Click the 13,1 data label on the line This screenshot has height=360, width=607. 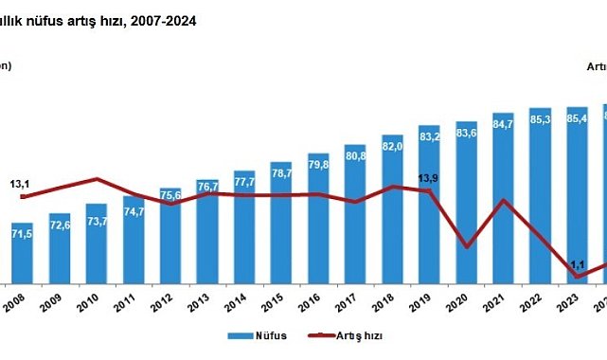21,184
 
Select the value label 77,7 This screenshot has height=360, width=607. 244,180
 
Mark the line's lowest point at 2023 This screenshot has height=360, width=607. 577,277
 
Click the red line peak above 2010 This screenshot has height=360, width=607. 97,178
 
